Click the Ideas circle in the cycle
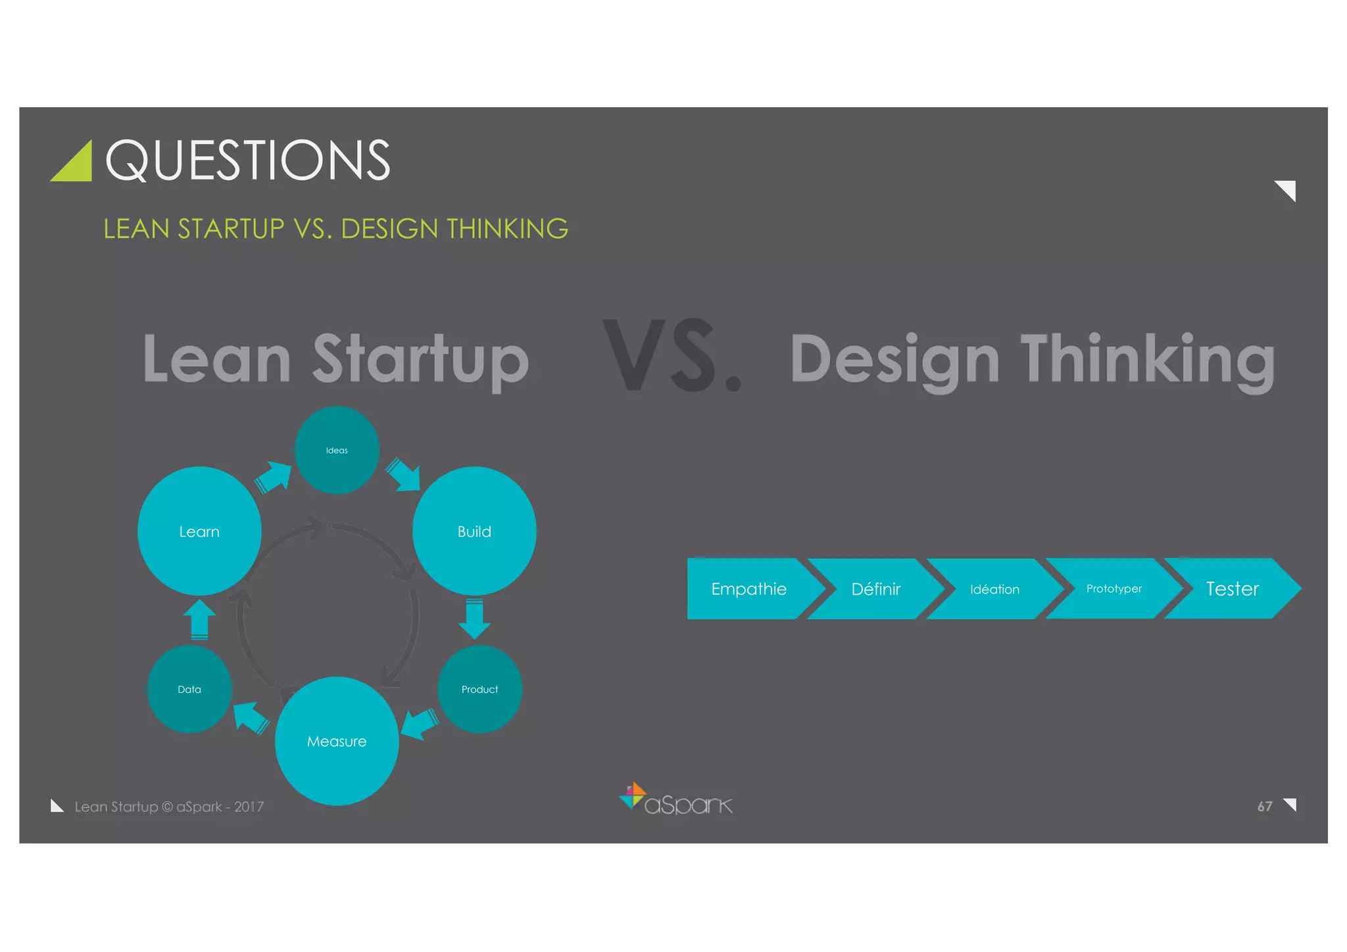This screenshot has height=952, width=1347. click(337, 450)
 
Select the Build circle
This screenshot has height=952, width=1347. click(474, 531)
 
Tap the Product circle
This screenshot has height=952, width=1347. click(479, 689)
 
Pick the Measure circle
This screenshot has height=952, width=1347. click(337, 741)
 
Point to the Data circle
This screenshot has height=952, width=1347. click(189, 689)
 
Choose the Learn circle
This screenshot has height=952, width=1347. click(199, 531)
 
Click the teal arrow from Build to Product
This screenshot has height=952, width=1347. click(474, 618)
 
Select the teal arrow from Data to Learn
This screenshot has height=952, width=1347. click(199, 619)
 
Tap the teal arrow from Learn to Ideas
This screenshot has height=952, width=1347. click(273, 477)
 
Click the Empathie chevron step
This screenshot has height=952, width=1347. click(748, 589)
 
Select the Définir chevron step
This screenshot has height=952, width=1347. click(875, 589)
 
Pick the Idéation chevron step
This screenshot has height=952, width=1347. click(994, 589)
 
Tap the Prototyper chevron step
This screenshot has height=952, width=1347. click(1114, 588)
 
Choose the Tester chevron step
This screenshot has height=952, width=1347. click(1232, 588)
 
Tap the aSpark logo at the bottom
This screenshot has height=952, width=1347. click(675, 800)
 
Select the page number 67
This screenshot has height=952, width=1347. click(1264, 806)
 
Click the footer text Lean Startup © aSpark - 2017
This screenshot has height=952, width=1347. click(169, 807)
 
